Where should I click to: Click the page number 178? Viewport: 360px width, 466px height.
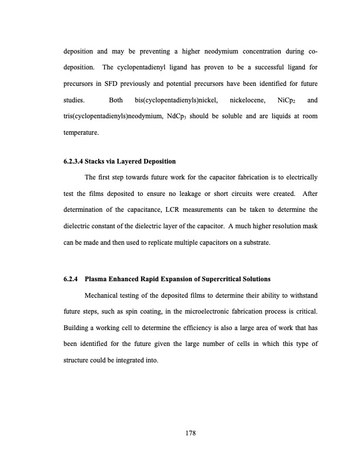189,434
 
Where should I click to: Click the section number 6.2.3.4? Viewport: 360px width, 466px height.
76,161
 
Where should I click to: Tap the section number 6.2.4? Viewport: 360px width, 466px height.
72,279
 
